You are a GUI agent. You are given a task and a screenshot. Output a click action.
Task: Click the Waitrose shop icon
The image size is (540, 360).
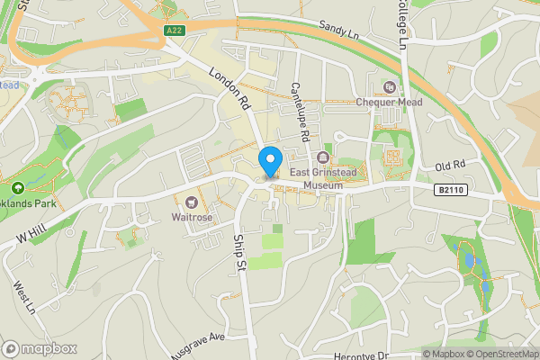click(x=191, y=201)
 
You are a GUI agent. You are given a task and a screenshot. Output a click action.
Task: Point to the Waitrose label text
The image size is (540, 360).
click(x=191, y=216)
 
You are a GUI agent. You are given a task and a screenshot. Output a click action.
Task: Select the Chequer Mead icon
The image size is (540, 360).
click(x=389, y=87)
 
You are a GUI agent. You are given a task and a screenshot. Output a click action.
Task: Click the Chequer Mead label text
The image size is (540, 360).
click(x=388, y=102)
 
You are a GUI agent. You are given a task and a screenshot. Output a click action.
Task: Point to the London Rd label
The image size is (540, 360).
click(x=229, y=90)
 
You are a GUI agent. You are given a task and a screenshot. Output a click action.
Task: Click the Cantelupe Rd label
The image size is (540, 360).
click(x=301, y=100)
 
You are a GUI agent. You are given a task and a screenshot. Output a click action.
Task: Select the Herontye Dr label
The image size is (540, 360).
click(x=358, y=355)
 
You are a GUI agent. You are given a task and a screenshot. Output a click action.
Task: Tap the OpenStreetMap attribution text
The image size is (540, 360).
click(x=499, y=354)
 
